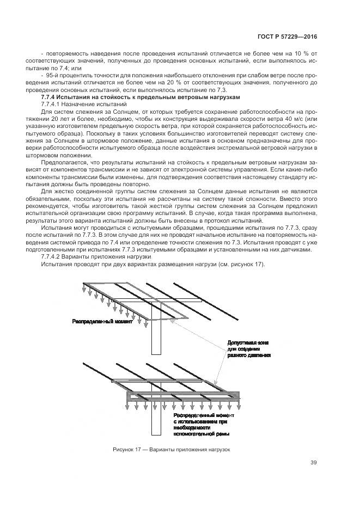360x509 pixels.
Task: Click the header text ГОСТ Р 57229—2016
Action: click(x=289, y=37)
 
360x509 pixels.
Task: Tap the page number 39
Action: click(x=313, y=463)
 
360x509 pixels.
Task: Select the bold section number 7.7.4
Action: click(x=51, y=96)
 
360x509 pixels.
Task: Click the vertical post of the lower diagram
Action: click(x=155, y=422)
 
